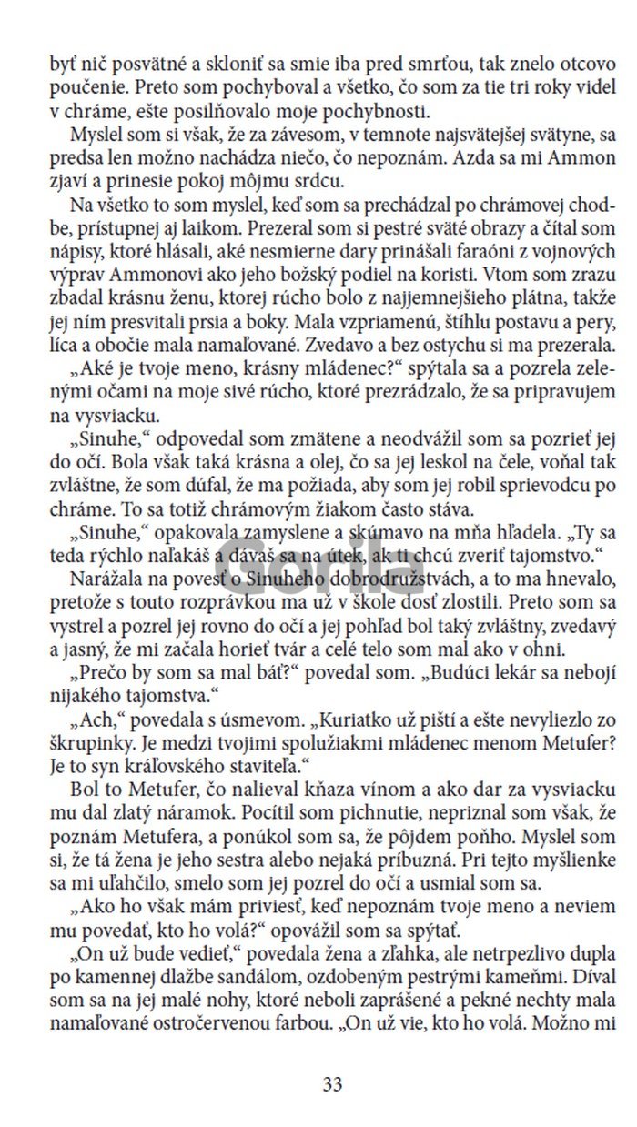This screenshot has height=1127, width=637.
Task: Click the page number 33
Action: point(332,1083)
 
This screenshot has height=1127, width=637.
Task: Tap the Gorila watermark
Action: point(318,548)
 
